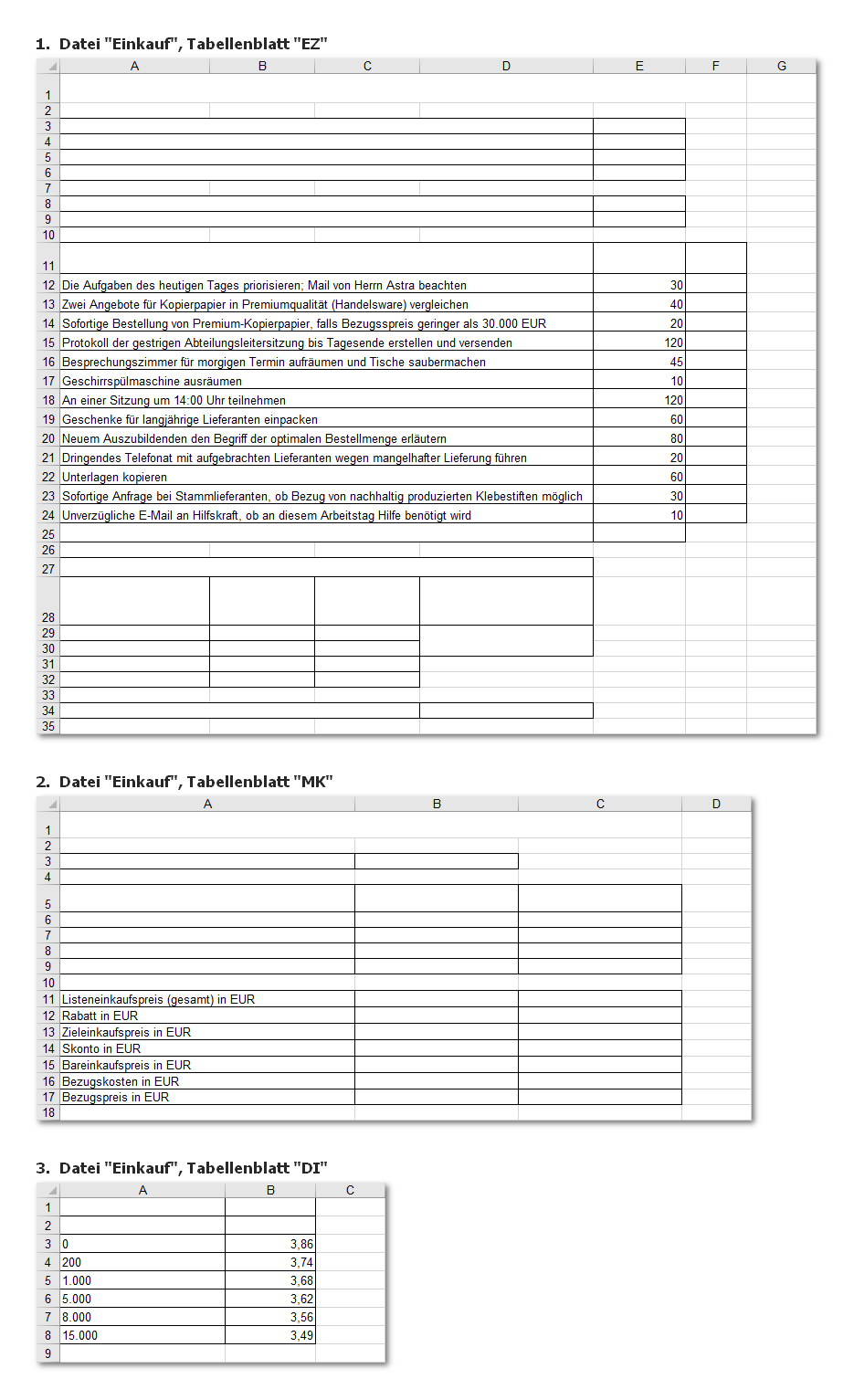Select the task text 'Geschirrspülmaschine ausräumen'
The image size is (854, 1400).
152,382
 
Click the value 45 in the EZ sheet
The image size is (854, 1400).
676,363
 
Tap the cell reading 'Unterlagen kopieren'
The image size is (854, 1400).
114,478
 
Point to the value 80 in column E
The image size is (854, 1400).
676,439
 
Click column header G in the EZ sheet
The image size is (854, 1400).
781,66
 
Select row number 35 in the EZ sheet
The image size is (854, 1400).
48,727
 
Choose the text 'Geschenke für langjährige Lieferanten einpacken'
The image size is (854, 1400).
190,420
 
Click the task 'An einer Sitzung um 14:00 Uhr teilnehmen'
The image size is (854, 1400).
174,401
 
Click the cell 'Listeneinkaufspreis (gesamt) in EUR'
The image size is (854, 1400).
158,1000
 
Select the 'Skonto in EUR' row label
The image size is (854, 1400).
101,1049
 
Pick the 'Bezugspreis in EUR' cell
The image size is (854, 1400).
115,1098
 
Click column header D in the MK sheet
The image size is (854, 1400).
716,804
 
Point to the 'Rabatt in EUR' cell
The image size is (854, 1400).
100,1016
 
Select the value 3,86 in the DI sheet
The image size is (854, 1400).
301,1245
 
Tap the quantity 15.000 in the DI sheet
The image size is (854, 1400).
79,1336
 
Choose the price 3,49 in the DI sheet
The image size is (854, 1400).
301,1336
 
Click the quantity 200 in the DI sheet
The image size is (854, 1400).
71,1263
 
